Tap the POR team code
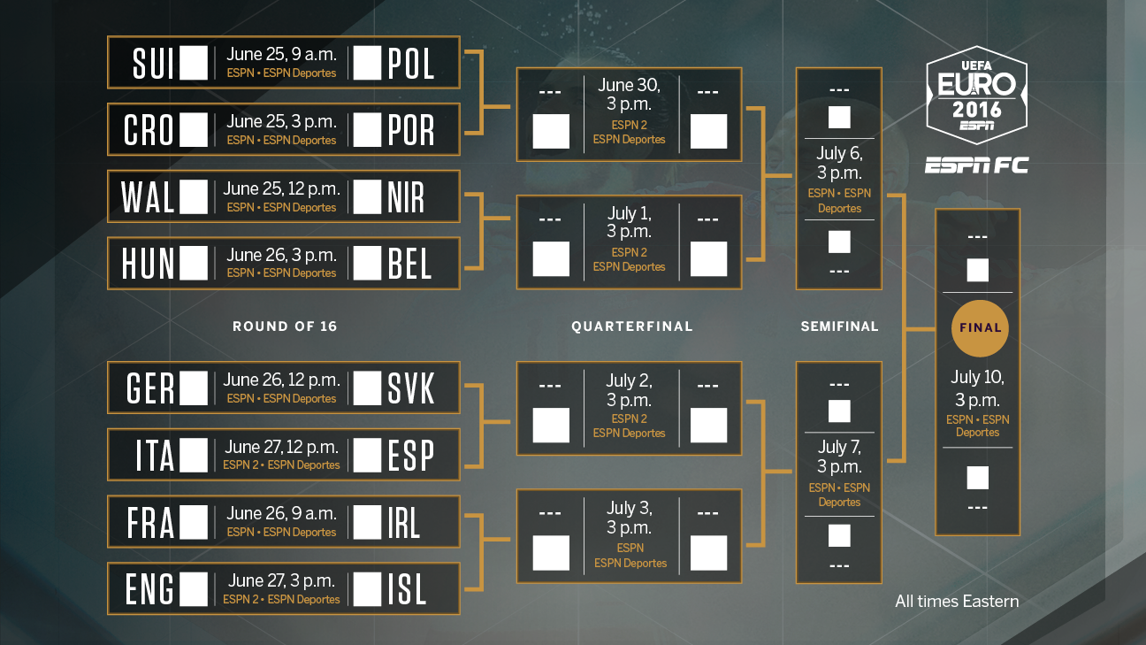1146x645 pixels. [411, 130]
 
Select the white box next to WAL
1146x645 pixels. [194, 196]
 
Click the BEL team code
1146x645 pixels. [409, 264]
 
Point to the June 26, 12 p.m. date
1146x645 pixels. [281, 380]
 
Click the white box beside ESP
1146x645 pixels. [367, 455]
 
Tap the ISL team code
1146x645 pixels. [407, 588]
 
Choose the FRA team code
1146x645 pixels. [150, 523]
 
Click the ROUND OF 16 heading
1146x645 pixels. [285, 326]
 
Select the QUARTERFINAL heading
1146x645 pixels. [632, 326]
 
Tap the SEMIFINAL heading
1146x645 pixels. [839, 326]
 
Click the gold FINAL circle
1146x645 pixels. [980, 328]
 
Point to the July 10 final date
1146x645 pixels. [978, 388]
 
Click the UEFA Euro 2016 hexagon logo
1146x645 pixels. [976, 96]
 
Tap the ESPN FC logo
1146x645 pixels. [976, 165]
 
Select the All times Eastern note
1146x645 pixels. [957, 601]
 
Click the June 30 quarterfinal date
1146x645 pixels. [629, 94]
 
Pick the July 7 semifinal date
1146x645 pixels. [839, 457]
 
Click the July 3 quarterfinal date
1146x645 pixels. [630, 518]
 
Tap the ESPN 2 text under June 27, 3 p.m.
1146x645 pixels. [241, 600]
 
